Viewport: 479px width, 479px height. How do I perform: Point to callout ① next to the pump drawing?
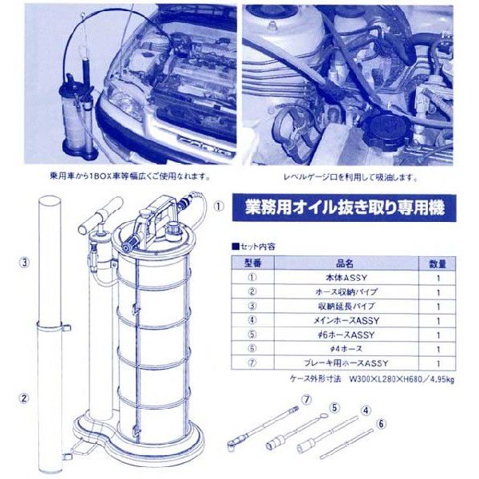coord(216,204)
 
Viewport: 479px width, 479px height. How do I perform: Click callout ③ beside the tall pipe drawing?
coord(26,261)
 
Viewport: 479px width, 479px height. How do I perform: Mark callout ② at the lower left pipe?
coord(26,398)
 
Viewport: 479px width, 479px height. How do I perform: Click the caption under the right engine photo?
coord(350,178)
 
